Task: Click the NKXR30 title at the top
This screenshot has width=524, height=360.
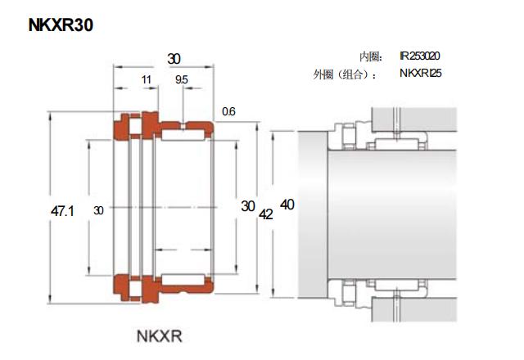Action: point(61,25)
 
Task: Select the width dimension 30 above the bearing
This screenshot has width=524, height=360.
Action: point(174,59)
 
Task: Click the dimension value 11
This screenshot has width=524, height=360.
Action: point(147,79)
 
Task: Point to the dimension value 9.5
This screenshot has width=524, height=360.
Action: point(181,79)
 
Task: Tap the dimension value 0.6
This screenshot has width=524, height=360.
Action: point(228,111)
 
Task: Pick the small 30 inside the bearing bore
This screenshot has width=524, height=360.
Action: point(99,211)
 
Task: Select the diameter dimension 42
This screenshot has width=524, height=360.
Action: point(266,214)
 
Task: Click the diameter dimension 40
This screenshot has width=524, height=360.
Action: point(287,204)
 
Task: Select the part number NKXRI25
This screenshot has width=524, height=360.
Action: point(420,74)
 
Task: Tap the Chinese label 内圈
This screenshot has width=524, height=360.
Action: point(370,56)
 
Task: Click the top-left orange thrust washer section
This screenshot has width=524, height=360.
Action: point(125,125)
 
